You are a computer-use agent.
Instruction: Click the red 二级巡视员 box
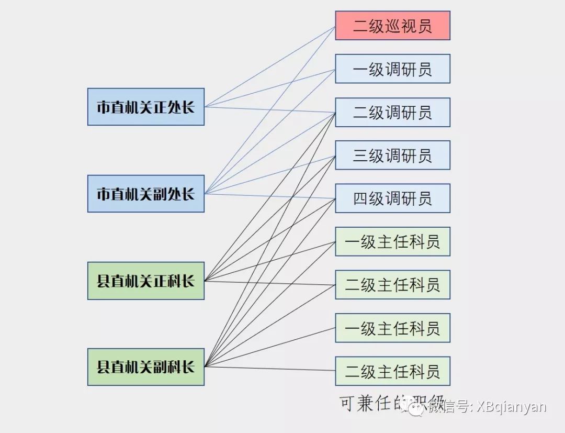click(x=392, y=26)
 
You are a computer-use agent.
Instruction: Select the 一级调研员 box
click(x=392, y=69)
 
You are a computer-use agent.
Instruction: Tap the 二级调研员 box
click(x=392, y=112)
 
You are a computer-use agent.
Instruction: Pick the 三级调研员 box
click(x=392, y=155)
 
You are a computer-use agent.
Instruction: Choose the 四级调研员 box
click(x=392, y=198)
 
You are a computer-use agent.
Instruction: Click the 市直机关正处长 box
click(x=145, y=107)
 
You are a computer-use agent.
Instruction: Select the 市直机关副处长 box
click(x=145, y=194)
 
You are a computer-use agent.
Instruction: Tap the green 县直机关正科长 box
click(x=145, y=281)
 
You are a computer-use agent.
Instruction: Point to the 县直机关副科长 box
click(x=145, y=367)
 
